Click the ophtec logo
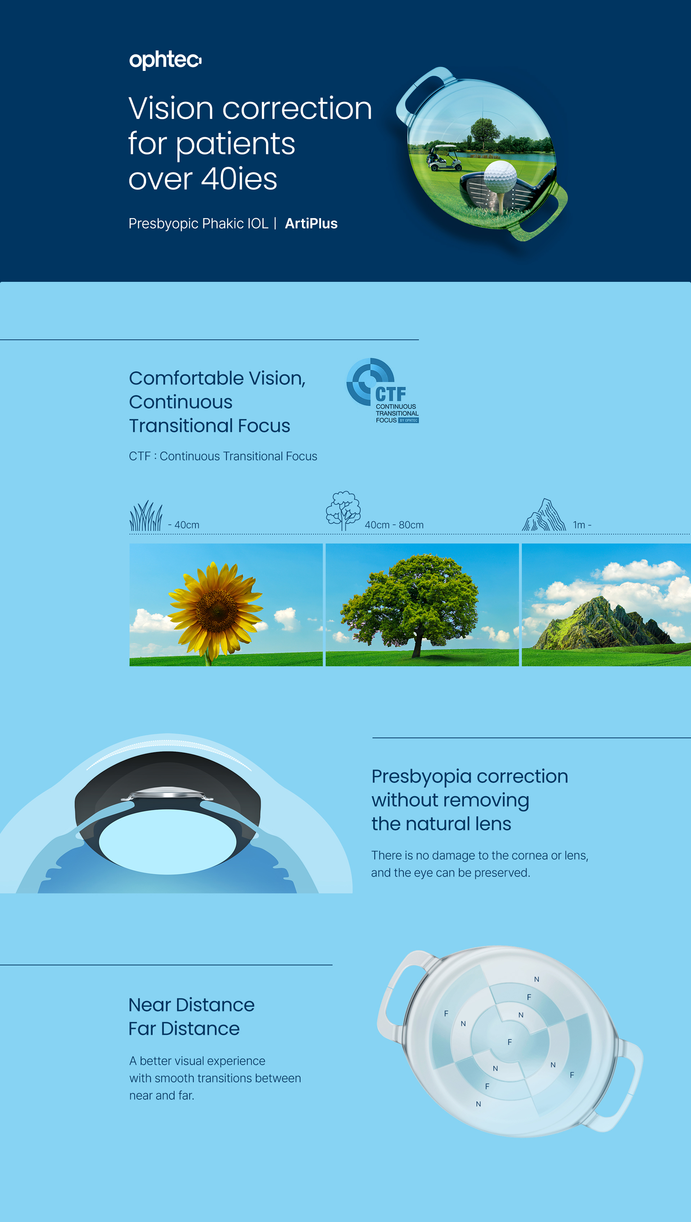[165, 60]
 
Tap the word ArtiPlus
[311, 224]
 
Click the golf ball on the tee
[500, 176]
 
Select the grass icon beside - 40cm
[146, 516]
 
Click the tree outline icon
[343, 511]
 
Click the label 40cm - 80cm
[394, 525]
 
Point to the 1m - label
[582, 525]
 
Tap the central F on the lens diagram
[510, 1042]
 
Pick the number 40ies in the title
[239, 179]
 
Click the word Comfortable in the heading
[186, 378]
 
